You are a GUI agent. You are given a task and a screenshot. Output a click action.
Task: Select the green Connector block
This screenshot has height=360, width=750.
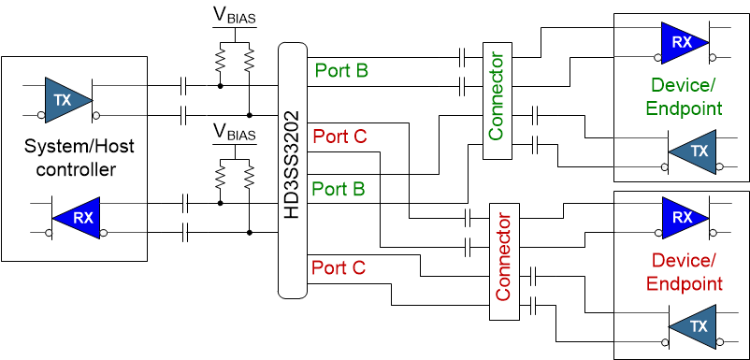(x=496, y=102)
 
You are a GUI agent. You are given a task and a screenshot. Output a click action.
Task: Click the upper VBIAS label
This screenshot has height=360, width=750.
(x=234, y=17)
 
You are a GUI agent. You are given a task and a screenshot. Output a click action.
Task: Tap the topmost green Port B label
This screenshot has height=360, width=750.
(x=341, y=69)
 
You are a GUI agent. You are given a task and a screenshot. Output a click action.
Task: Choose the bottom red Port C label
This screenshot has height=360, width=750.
(x=339, y=267)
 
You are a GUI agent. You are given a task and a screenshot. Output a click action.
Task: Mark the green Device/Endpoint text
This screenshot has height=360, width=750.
(x=685, y=97)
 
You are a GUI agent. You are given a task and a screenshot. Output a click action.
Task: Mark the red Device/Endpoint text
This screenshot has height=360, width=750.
(x=685, y=271)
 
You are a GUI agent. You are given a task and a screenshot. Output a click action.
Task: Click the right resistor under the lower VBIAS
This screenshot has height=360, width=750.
(x=250, y=177)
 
